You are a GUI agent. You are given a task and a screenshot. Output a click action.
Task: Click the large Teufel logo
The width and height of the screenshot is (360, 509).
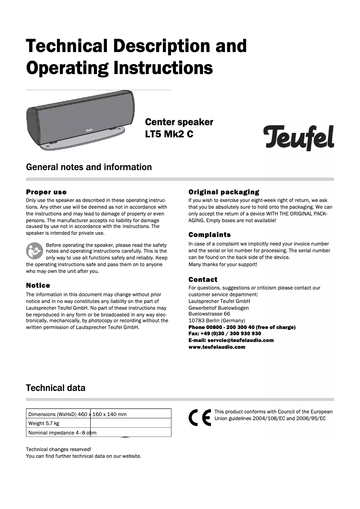(x=298, y=137)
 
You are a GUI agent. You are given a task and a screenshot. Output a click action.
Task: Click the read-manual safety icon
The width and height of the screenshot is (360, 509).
(x=35, y=250)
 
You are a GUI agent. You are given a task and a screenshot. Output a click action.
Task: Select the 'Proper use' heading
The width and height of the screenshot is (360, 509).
(x=46, y=192)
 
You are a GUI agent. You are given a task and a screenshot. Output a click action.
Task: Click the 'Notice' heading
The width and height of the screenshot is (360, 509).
(x=38, y=285)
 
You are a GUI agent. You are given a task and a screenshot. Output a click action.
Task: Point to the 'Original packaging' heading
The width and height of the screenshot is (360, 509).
(x=224, y=192)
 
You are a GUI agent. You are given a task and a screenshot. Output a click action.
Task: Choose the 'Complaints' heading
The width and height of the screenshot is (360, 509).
(x=210, y=235)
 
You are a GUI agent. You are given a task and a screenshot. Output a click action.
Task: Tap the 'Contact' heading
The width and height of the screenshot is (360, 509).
(x=203, y=279)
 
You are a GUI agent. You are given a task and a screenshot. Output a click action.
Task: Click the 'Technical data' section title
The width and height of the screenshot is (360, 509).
(x=56, y=388)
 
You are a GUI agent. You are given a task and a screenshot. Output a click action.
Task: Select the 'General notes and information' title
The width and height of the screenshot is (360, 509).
(x=89, y=167)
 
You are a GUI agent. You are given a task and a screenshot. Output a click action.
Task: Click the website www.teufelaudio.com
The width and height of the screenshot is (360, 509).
(x=217, y=347)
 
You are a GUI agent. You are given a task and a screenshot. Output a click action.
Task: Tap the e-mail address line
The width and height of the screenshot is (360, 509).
(x=231, y=340)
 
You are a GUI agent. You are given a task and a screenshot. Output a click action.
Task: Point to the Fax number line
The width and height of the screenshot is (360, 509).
(x=224, y=333)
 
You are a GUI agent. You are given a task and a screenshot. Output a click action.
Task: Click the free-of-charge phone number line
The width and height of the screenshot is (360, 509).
(x=242, y=327)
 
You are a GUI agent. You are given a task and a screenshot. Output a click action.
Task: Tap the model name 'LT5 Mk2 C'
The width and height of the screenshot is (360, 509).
(x=169, y=134)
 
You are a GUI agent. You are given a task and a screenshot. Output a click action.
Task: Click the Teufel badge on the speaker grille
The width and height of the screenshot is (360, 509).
(x=91, y=129)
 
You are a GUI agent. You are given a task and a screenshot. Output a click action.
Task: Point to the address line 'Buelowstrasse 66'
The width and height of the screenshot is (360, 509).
(x=209, y=314)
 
